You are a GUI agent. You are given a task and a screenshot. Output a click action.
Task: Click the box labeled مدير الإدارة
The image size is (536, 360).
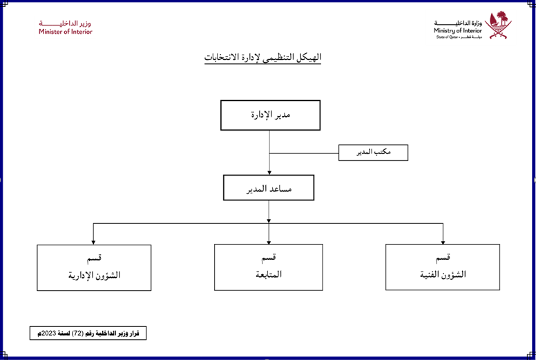(x=270, y=115)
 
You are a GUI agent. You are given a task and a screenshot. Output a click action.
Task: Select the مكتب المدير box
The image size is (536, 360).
(x=373, y=152)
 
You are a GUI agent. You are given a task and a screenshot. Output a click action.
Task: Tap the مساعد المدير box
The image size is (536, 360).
(x=269, y=187)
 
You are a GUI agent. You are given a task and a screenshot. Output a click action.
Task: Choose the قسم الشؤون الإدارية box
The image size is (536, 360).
(x=94, y=267)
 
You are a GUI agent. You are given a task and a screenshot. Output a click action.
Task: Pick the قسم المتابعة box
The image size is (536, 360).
(x=269, y=267)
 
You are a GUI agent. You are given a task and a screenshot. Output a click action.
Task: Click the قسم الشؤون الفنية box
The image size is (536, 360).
(x=442, y=267)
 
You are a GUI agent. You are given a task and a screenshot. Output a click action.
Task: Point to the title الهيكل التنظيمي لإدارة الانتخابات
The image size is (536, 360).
(x=262, y=58)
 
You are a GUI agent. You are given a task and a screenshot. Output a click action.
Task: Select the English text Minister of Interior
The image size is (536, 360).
(x=66, y=32)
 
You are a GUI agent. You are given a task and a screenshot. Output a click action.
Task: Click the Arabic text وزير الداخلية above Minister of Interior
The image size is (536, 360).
(x=66, y=23)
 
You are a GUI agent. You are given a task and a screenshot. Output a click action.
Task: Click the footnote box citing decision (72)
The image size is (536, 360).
(x=88, y=333)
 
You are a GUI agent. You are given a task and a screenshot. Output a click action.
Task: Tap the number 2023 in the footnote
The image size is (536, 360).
(x=49, y=333)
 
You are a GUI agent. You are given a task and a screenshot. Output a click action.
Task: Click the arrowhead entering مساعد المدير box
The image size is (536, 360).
(x=269, y=172)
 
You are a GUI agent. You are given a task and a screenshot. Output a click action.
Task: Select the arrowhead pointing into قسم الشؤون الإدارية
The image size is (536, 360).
(x=94, y=242)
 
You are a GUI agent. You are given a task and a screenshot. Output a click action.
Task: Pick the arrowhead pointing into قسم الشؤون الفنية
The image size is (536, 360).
(x=443, y=241)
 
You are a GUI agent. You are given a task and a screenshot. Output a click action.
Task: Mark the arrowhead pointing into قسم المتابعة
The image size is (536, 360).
(x=269, y=241)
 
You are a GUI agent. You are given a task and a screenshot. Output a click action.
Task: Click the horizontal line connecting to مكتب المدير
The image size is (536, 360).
(x=304, y=153)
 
